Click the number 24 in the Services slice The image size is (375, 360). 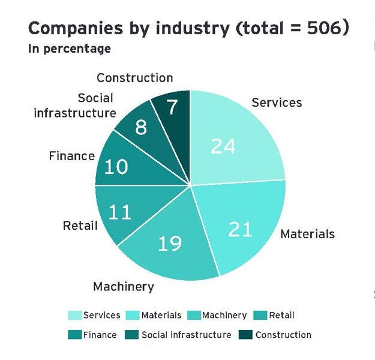coord(223,146)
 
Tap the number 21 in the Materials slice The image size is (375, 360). coord(240,229)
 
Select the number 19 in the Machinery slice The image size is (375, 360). coord(170,244)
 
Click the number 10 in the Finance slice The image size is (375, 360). coord(116,166)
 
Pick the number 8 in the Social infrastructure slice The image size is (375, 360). coord(140,127)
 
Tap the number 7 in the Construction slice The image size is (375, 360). coord(172,108)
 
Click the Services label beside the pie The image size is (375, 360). coord(277,102)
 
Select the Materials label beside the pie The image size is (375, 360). coord(307,233)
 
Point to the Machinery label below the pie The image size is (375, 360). coord(123,286)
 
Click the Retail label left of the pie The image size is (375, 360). coord(80,226)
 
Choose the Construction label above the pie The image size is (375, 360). coord(134,77)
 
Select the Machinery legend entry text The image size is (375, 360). coord(224,315)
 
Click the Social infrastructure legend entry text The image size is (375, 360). coord(186,334)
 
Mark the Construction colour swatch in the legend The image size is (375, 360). coord(245,334)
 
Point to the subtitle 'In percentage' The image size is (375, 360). coord(69,49)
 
